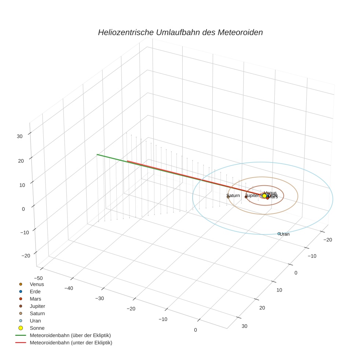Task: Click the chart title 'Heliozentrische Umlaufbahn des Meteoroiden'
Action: click(x=180, y=32)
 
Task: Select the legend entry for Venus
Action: click(x=37, y=284)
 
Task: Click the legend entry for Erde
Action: click(x=35, y=291)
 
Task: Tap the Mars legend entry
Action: click(x=35, y=299)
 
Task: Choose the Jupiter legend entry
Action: click(x=37, y=306)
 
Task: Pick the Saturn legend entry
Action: click(x=37, y=313)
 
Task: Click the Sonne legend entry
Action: click(x=37, y=328)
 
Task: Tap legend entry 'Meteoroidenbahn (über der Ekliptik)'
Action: click(x=70, y=335)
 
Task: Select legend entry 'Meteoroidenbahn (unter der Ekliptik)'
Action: click(x=71, y=343)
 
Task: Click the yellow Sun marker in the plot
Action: click(x=265, y=196)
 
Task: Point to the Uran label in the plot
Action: click(x=285, y=234)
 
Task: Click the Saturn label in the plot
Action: click(x=233, y=196)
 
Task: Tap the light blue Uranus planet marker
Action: click(x=279, y=233)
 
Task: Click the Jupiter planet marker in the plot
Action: click(x=246, y=197)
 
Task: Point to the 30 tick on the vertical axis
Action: click(x=19, y=136)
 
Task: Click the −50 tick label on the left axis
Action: click(x=38, y=278)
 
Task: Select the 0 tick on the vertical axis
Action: click(x=23, y=209)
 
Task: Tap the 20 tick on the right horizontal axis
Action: click(x=262, y=307)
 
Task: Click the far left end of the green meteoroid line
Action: click(x=97, y=154)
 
